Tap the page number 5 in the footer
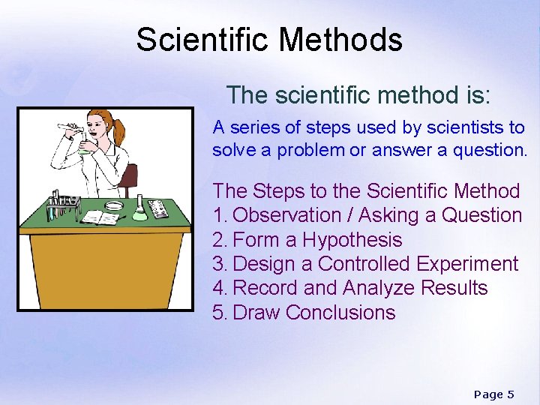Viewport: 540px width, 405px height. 510,394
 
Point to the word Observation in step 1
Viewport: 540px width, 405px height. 287,215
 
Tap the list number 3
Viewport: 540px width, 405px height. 218,264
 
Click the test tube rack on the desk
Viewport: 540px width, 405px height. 64,205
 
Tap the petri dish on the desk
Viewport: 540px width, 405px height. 113,205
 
